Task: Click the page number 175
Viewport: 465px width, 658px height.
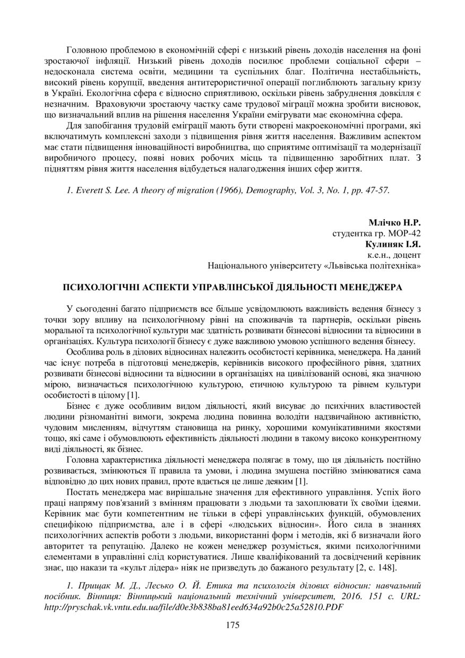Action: [x=232, y=625]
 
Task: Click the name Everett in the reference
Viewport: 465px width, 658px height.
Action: [x=88, y=191]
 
